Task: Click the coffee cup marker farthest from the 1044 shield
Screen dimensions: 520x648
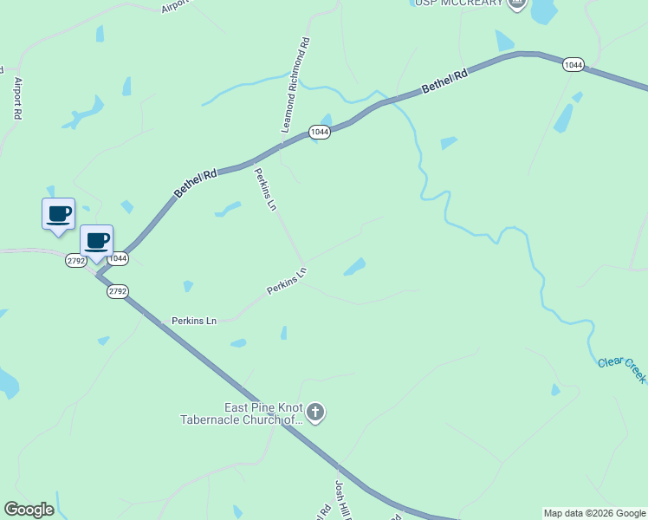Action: (58, 213)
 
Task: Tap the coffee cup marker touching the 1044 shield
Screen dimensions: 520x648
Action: (96, 240)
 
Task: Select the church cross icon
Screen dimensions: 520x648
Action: (315, 413)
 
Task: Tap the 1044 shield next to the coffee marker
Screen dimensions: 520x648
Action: (118, 258)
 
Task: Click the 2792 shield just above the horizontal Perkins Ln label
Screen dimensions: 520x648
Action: (118, 291)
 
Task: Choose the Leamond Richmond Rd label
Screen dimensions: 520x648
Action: (295, 85)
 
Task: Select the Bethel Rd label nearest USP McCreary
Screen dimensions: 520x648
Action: (444, 83)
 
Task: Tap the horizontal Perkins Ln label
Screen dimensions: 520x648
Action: (193, 321)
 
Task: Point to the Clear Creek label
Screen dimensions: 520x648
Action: (622, 369)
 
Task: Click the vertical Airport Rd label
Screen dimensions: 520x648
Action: (16, 98)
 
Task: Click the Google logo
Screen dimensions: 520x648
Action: (29, 510)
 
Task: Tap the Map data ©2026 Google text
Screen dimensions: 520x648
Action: (594, 513)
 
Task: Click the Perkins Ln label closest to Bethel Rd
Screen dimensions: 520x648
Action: (265, 190)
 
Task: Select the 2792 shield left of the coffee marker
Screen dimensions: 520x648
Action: (75, 260)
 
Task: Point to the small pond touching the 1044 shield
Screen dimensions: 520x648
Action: (326, 120)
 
